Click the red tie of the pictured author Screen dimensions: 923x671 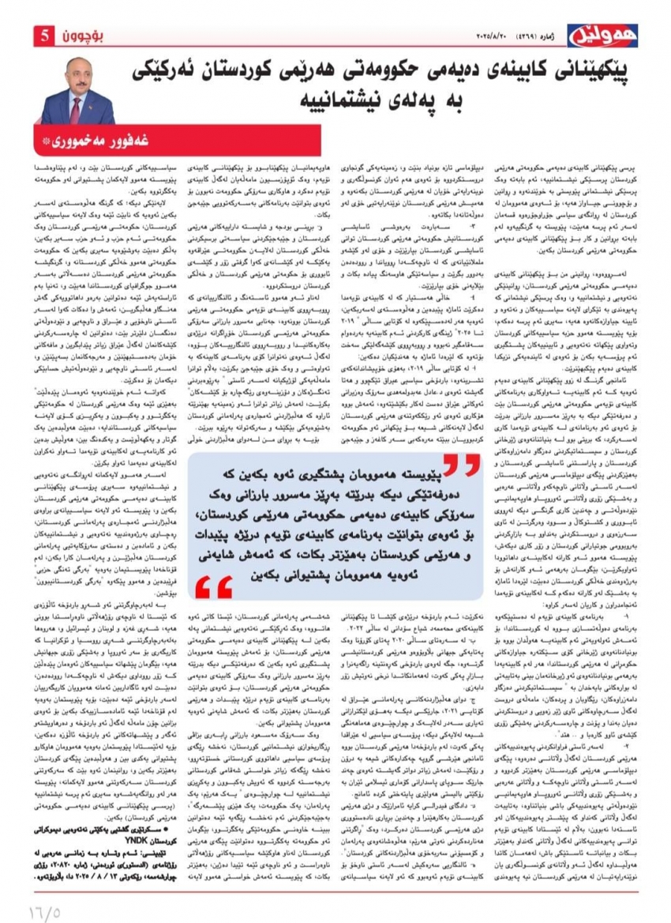76,110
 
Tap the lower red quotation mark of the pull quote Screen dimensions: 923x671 214,586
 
